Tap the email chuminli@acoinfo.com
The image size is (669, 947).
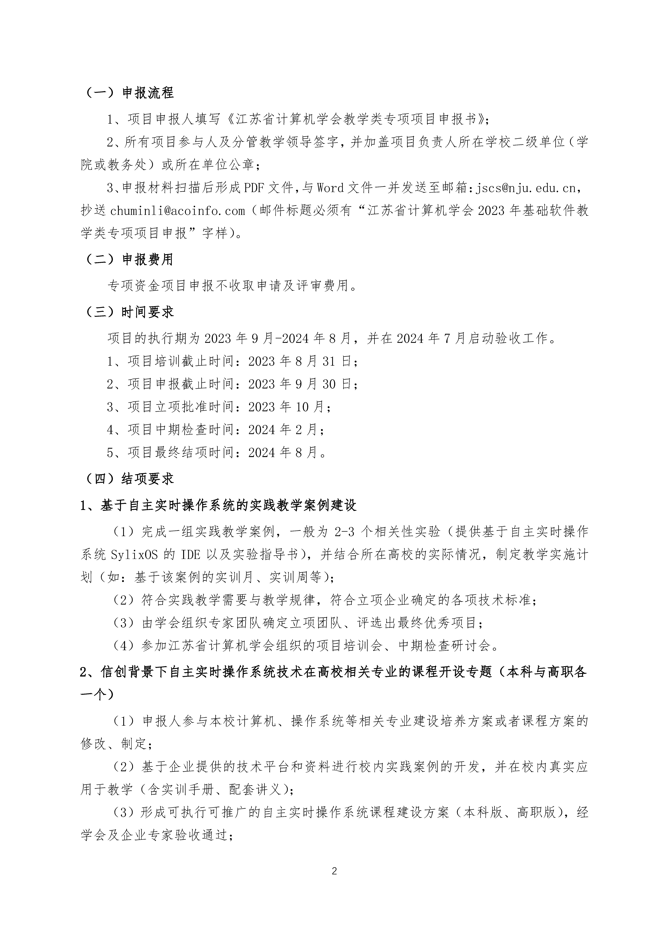pyautogui.click(x=177, y=211)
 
